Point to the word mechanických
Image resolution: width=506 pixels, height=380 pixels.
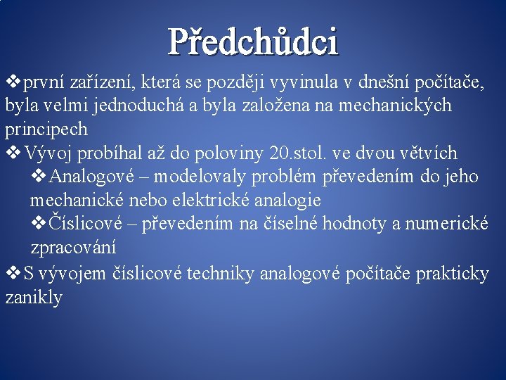(x=395, y=106)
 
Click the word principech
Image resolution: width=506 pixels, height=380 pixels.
(x=46, y=129)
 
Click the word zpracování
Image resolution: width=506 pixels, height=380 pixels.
(x=74, y=248)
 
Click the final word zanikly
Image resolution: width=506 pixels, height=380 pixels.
(x=34, y=297)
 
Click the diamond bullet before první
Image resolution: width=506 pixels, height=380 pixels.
(x=13, y=82)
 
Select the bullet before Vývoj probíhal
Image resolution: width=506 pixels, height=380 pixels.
(x=13, y=152)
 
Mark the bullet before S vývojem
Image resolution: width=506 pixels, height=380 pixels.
(x=13, y=272)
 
